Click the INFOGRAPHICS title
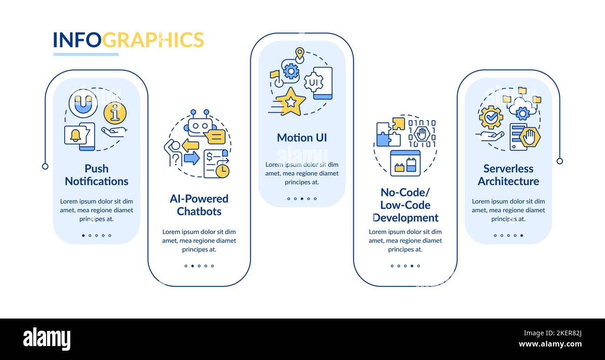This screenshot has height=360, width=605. (x=128, y=40)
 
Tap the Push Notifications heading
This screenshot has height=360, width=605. (x=96, y=175)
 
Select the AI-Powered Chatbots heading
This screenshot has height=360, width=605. (x=199, y=205)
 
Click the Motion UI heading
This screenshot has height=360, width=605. (x=302, y=138)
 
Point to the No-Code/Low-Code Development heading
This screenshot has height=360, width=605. (x=405, y=205)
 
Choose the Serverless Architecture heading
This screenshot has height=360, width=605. (x=508, y=175)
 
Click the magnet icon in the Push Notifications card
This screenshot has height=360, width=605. (x=83, y=104)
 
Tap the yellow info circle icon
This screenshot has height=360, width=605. (x=115, y=113)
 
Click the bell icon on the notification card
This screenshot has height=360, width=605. (x=75, y=135)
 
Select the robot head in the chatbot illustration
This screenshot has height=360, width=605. (x=200, y=126)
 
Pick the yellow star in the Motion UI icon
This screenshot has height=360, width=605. (x=291, y=102)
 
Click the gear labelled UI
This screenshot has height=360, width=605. (x=313, y=82)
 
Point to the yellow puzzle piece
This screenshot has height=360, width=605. (x=398, y=123)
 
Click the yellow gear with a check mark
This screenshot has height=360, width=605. (x=491, y=117)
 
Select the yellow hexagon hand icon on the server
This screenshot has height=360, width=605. (x=530, y=137)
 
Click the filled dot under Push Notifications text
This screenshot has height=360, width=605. (x=83, y=235)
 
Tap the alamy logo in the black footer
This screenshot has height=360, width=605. (x=47, y=339)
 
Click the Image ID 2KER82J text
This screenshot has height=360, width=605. (x=552, y=333)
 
